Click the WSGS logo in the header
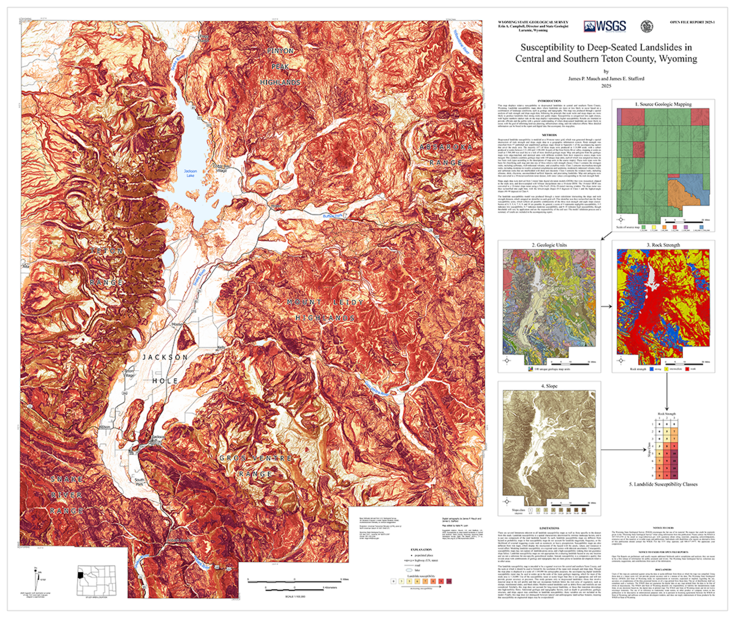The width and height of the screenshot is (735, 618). point(604,26)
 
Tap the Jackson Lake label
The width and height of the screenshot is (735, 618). point(190,173)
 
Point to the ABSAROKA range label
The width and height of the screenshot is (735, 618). point(446,147)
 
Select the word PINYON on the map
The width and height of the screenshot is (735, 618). point(280,51)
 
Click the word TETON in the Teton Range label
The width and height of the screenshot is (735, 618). point(107,251)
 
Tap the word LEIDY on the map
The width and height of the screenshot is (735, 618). point(348,302)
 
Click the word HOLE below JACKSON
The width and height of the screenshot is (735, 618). point(165,381)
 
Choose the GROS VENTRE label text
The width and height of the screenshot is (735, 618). point(255,458)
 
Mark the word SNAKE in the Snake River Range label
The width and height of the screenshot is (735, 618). point(67,479)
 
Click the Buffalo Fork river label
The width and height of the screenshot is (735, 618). point(333,216)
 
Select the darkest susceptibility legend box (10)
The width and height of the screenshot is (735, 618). point(449,581)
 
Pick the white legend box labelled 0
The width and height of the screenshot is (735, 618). point(393,581)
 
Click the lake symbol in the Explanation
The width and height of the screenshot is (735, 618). point(409,570)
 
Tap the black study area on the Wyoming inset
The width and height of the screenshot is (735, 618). point(80,574)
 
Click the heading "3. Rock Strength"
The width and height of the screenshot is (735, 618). point(663,245)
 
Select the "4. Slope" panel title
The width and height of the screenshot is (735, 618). point(549,386)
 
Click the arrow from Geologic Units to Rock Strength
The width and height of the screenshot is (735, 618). point(606,307)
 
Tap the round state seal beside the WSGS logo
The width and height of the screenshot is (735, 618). point(647,26)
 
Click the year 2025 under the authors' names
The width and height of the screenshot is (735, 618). point(606,86)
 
